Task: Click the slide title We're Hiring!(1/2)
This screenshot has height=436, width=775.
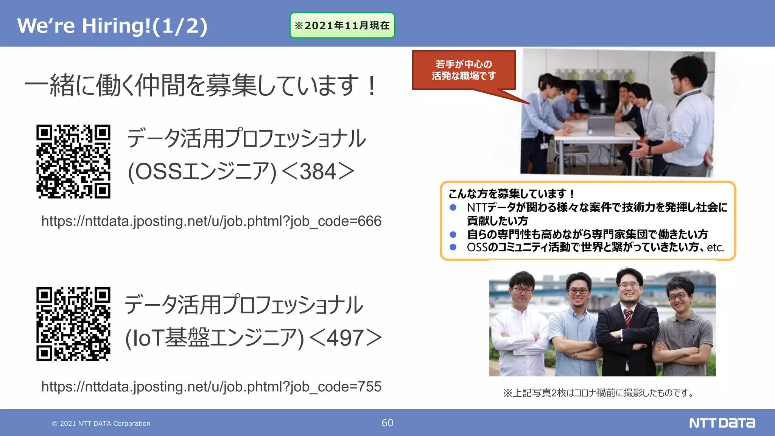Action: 112,26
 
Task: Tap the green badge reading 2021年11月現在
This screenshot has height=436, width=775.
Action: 342,25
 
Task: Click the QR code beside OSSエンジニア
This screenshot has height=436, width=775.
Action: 73,162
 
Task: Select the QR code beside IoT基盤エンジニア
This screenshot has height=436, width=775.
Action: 73,324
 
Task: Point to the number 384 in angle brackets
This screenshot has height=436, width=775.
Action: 318,172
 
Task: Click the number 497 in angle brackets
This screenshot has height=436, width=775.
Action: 345,338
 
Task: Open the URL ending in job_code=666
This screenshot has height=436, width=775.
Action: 211,221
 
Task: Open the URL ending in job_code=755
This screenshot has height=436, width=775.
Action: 211,387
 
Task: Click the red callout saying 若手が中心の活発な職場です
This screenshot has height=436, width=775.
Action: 464,70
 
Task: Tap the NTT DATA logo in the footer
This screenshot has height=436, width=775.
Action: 722,423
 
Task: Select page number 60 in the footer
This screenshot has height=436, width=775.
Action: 387,423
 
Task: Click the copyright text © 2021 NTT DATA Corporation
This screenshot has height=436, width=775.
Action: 101,424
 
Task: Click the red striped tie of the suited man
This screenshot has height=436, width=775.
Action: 628,318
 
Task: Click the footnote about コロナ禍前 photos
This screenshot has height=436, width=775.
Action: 600,393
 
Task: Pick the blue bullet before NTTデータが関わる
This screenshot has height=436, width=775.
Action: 453,207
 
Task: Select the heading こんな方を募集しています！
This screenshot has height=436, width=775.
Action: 511,194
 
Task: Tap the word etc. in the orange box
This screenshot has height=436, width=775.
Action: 715,248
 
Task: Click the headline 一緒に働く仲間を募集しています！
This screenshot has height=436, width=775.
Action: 201,86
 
